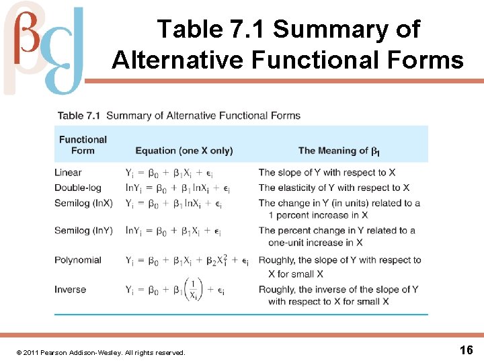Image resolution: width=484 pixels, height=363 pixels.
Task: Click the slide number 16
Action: [466, 350]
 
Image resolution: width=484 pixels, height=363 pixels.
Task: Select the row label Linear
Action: [68, 173]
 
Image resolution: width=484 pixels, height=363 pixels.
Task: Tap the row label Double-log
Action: [78, 188]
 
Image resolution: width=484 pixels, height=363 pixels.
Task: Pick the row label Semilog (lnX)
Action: [83, 202]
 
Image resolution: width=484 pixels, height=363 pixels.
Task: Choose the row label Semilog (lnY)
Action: [83, 231]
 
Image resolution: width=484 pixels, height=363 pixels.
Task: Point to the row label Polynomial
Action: [78, 260]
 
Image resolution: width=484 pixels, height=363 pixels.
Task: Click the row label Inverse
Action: [71, 290]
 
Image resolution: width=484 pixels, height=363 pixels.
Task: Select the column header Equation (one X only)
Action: [184, 151]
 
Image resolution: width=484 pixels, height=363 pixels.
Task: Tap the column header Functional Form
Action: [83, 145]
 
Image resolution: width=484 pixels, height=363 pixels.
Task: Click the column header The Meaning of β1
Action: [339, 151]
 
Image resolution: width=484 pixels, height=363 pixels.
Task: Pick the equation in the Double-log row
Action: [178, 188]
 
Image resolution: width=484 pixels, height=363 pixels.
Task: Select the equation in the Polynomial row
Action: [187, 261]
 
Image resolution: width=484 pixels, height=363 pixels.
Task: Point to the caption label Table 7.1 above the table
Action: [79, 116]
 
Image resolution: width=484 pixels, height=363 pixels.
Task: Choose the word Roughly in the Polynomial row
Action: [277, 260]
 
